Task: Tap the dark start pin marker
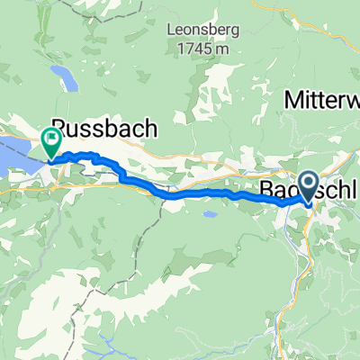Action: [309, 188]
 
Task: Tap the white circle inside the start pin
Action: [309, 184]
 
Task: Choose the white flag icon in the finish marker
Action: [50, 139]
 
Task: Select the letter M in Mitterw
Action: [292, 101]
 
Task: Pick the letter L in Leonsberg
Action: [171, 27]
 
